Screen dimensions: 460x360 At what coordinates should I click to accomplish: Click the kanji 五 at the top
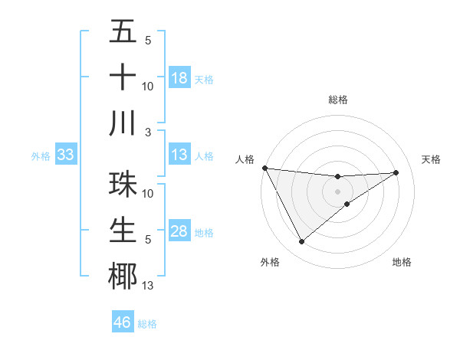point(123,32)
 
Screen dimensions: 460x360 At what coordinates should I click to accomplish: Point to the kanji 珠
point(123,185)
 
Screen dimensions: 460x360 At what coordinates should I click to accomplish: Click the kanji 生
point(123,231)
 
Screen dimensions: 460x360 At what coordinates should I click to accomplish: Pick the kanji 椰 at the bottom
point(123,276)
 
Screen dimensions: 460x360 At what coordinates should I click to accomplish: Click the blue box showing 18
point(179,77)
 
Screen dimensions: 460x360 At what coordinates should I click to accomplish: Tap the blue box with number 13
point(179,155)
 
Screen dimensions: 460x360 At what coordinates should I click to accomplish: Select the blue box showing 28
point(179,231)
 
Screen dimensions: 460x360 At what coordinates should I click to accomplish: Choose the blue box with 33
point(65,155)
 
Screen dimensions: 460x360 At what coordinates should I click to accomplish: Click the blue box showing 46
point(122,322)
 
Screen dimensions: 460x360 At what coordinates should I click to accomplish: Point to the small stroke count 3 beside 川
point(147,132)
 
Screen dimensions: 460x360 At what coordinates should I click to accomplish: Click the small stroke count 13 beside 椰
point(148,286)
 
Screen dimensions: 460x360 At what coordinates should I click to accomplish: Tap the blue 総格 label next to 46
point(147,323)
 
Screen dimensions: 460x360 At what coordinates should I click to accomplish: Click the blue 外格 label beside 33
point(41,156)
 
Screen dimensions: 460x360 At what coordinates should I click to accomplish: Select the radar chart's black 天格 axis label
point(432,159)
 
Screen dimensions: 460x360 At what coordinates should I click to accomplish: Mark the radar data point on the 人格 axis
point(264,168)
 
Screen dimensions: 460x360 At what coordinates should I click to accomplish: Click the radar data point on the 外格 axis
point(301,242)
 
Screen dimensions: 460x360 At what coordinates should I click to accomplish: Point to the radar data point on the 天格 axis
point(396,172)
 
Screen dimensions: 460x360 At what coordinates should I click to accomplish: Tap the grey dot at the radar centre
point(338,191)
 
